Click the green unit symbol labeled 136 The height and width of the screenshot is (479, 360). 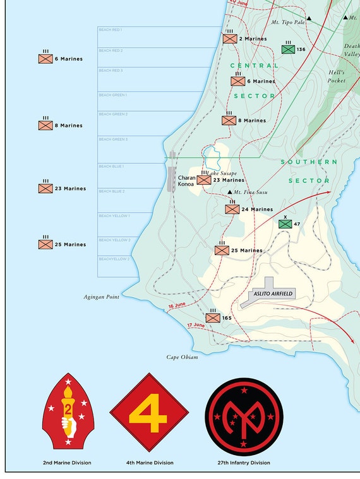click(289, 49)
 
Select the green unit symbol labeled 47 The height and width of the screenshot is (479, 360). click(285, 224)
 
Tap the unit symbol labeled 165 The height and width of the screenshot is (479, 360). click(213, 318)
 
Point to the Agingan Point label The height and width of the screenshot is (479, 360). click(102, 296)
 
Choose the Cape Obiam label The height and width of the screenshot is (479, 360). click(182, 357)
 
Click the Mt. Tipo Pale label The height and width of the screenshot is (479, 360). click(288, 22)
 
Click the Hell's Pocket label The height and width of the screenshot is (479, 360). click(337, 76)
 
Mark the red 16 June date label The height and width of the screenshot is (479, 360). click(178, 307)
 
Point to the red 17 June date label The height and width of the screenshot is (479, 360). click(196, 325)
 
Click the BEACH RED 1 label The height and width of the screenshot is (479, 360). click(111, 30)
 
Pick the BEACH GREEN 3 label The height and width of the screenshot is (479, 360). click(113, 139)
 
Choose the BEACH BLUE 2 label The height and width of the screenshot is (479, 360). click(112, 191)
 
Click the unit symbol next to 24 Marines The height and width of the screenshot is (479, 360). click(232, 209)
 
